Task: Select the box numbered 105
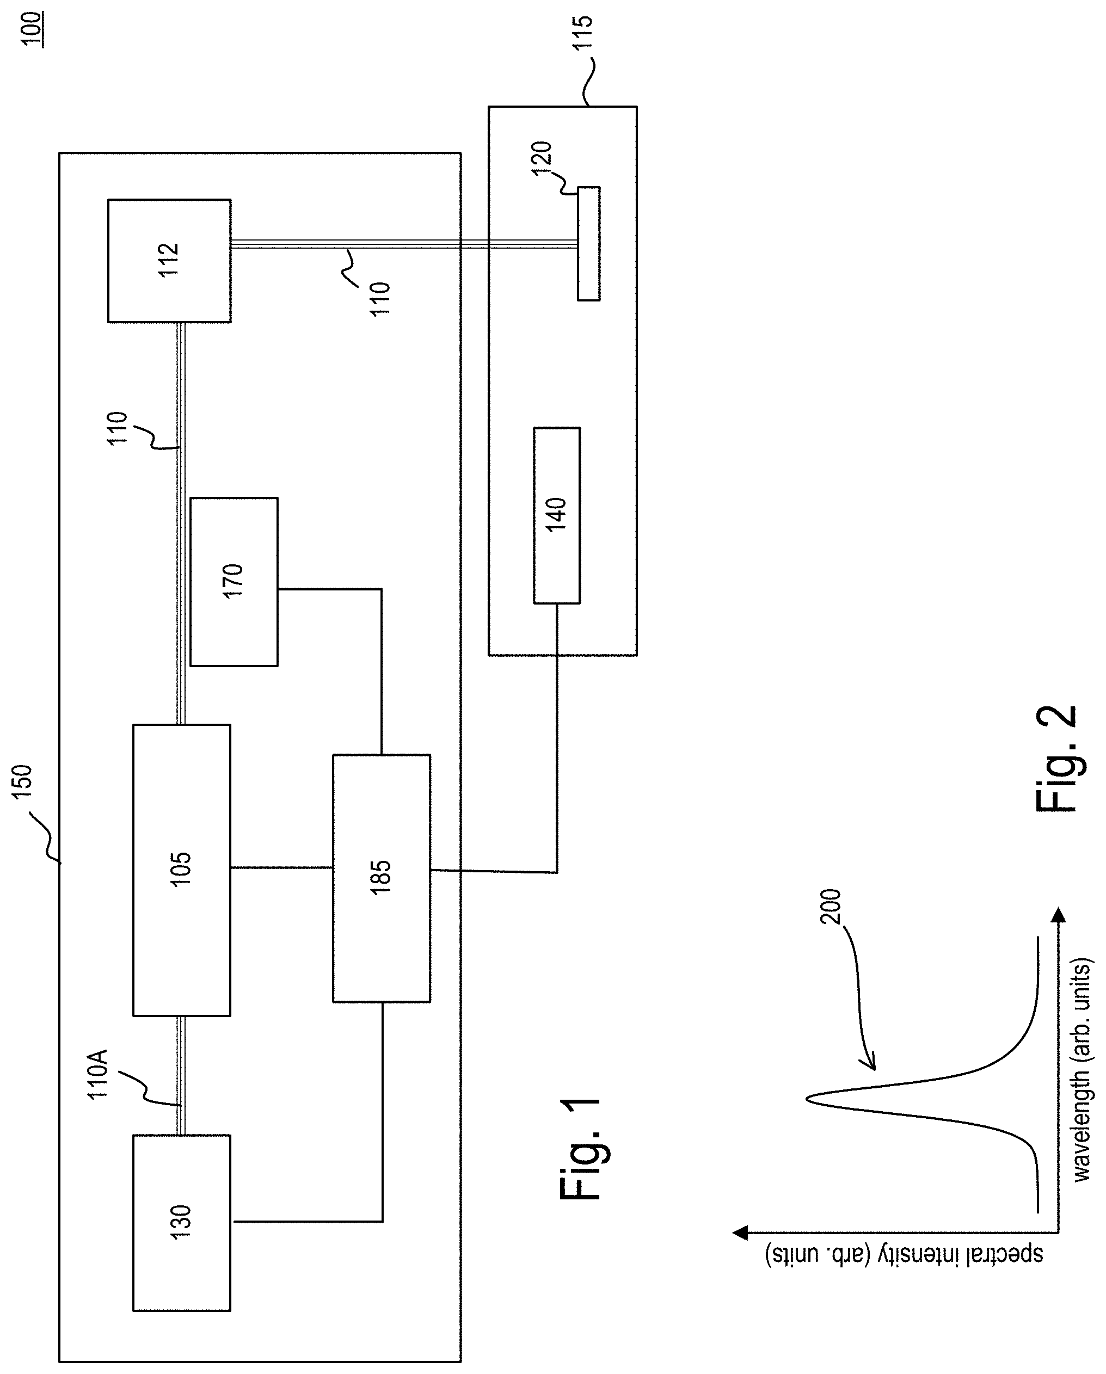182,870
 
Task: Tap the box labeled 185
381,878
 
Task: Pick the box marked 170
234,582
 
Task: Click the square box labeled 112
170,261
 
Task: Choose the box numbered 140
556,515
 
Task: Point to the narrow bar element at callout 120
588,243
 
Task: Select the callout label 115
582,32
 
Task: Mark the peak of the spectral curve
807,1098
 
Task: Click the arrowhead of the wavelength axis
1058,916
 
